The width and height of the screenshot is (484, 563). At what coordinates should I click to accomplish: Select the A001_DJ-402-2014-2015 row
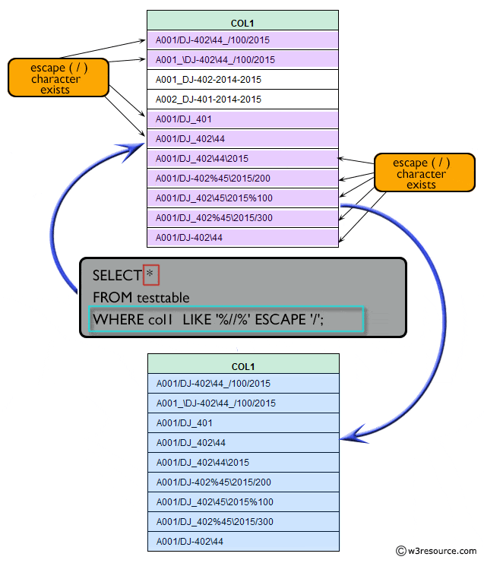[x=208, y=79]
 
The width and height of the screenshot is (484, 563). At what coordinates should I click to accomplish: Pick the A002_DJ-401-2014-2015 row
[x=208, y=99]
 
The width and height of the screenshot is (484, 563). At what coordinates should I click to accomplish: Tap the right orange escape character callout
[x=421, y=174]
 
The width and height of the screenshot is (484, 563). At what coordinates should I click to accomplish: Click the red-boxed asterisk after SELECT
[x=150, y=274]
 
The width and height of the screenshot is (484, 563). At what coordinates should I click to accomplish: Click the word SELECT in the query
[x=116, y=274]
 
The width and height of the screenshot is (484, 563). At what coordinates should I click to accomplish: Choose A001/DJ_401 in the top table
[x=184, y=119]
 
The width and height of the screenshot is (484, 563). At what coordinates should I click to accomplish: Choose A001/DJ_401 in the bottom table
[x=184, y=423]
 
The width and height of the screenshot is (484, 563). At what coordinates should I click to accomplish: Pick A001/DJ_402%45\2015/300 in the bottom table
[x=214, y=522]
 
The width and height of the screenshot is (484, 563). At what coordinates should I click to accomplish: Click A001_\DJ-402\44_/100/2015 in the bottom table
[x=216, y=403]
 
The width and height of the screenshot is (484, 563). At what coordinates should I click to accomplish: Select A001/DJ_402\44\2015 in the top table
[x=201, y=159]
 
